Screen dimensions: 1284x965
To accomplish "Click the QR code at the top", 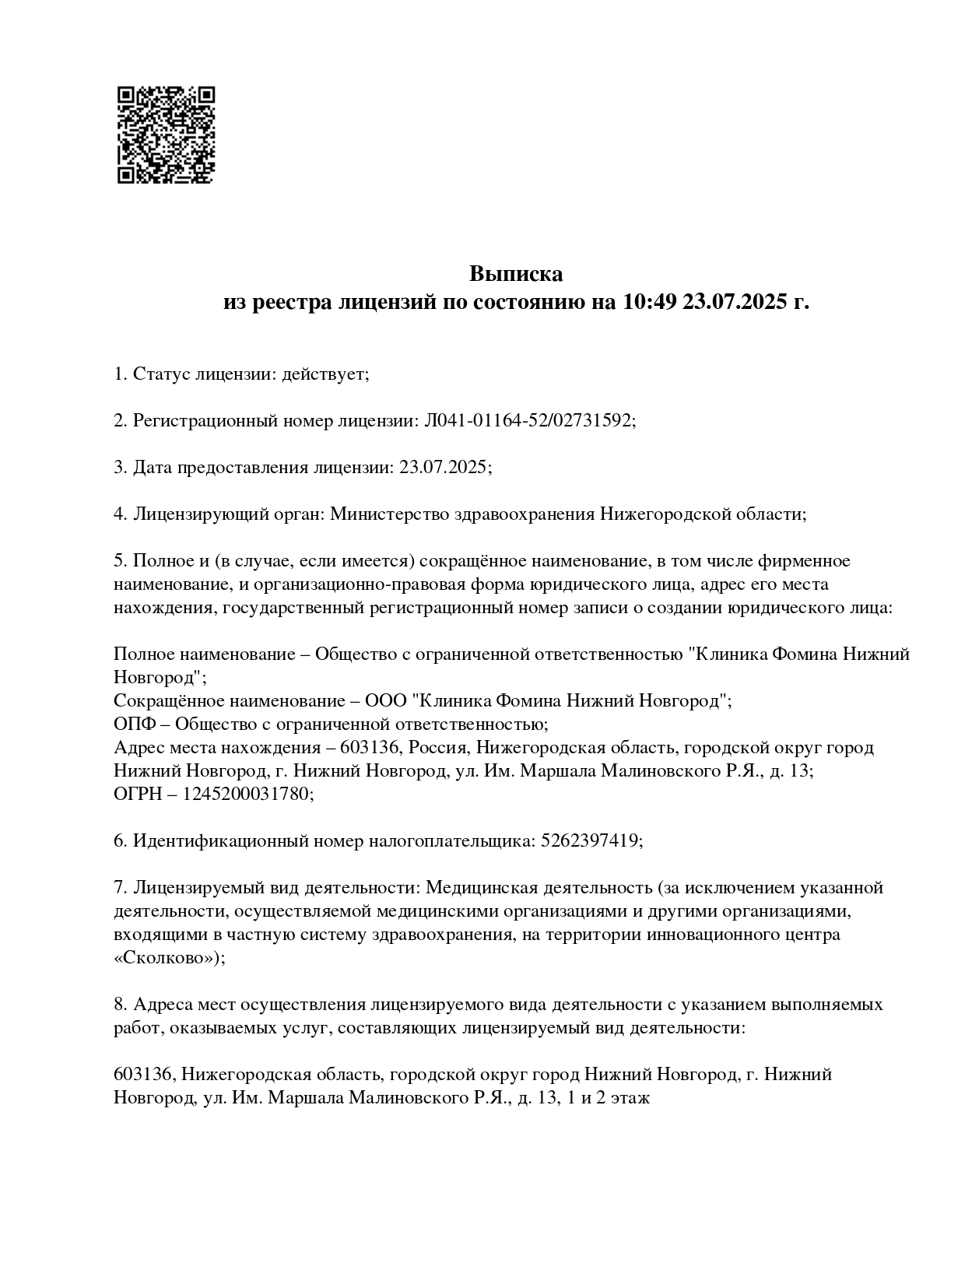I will coord(165,135).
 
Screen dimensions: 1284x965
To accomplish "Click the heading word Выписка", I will coord(516,274).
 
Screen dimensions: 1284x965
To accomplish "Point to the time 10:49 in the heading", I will coord(649,302).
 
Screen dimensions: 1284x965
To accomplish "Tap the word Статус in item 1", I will coord(160,374).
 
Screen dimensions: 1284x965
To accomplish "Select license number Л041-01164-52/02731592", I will coord(528,421).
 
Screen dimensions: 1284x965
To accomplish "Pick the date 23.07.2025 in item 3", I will coord(443,468).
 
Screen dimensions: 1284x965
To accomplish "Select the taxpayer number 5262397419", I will coord(589,840).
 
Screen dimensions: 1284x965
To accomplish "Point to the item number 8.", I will coord(120,1004).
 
